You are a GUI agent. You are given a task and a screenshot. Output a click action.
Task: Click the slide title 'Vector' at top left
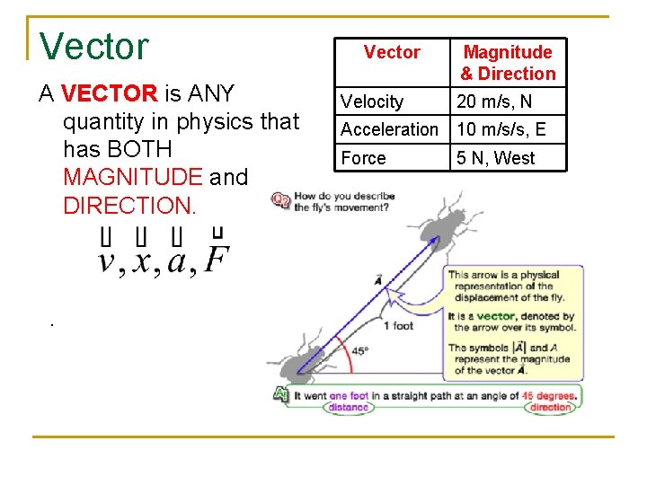(x=94, y=47)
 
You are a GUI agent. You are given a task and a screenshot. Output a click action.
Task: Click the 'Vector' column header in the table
(x=392, y=52)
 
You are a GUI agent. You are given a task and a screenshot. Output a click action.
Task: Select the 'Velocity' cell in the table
(x=372, y=101)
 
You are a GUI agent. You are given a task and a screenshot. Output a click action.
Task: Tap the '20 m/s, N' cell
(x=494, y=101)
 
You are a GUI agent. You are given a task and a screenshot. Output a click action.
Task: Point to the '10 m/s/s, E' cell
(x=501, y=129)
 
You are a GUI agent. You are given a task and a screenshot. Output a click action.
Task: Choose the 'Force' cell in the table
(x=363, y=158)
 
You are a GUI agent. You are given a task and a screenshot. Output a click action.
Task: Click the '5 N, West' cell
(x=495, y=158)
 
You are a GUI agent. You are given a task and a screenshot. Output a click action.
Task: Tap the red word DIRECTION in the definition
(x=129, y=205)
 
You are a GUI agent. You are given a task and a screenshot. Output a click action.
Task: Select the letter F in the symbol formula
(x=216, y=260)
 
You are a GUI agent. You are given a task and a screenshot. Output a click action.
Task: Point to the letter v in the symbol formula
(x=107, y=261)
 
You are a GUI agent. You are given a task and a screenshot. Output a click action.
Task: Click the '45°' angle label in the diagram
(x=359, y=351)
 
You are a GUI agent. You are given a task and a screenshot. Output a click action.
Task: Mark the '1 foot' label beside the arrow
(x=398, y=325)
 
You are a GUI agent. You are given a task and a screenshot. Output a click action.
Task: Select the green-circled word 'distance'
(x=349, y=407)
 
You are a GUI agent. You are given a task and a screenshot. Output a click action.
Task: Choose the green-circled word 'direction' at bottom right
(x=550, y=407)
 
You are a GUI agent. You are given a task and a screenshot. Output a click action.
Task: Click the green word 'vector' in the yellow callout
(x=496, y=316)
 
